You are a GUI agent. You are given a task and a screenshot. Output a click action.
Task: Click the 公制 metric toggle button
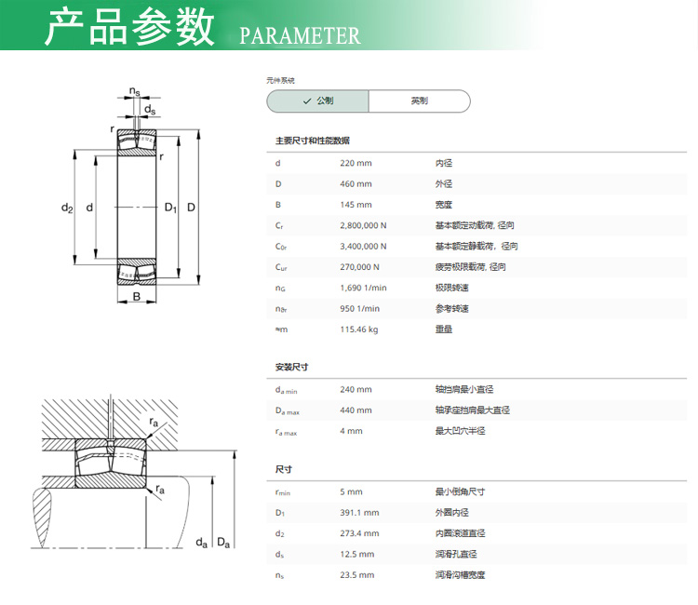[318, 101]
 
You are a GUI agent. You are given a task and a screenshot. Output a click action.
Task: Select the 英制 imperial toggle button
[420, 101]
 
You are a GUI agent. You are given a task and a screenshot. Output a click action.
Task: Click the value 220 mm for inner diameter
[356, 163]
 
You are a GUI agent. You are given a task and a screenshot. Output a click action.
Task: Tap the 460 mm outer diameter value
[356, 184]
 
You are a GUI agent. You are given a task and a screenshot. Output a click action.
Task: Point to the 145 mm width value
[356, 205]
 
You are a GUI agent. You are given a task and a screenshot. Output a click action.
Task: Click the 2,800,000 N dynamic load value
[363, 225]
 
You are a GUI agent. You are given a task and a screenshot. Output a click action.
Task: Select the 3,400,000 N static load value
[363, 246]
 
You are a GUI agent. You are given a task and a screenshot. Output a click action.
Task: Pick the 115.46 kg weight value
[359, 329]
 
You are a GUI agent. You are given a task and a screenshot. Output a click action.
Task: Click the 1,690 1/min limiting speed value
[363, 288]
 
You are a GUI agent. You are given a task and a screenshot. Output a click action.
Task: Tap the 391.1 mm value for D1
[359, 513]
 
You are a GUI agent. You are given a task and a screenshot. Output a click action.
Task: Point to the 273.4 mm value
[359, 533]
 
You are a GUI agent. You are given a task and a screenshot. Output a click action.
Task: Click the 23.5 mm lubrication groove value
[357, 575]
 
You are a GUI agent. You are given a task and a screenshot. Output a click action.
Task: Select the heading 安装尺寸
[291, 367]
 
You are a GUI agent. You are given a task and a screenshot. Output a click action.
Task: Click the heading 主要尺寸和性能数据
[313, 141]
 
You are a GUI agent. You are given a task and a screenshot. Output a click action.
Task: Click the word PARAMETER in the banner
[300, 35]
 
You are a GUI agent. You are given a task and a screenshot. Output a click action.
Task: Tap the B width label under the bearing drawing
[137, 297]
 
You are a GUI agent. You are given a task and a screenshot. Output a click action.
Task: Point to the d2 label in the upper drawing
[67, 208]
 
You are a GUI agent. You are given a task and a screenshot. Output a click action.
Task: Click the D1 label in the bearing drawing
[170, 208]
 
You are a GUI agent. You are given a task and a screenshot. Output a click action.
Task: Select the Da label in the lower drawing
[223, 543]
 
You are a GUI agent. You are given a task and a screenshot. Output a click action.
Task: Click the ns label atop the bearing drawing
[134, 92]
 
